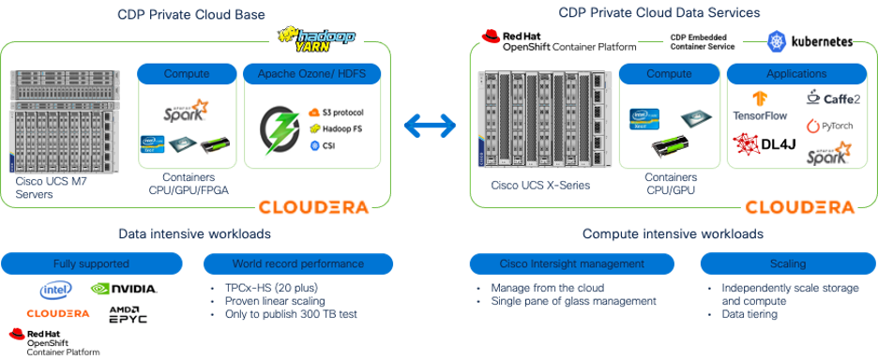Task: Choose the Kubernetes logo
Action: pyautogui.click(x=810, y=41)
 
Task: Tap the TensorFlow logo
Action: pyautogui.click(x=761, y=105)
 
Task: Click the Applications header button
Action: pyautogui.click(x=795, y=73)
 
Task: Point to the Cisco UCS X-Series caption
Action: pyautogui.click(x=540, y=185)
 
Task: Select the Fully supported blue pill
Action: pyautogui.click(x=91, y=263)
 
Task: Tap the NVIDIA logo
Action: pyautogui.click(x=124, y=290)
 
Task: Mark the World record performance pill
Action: pyautogui.click(x=298, y=263)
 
